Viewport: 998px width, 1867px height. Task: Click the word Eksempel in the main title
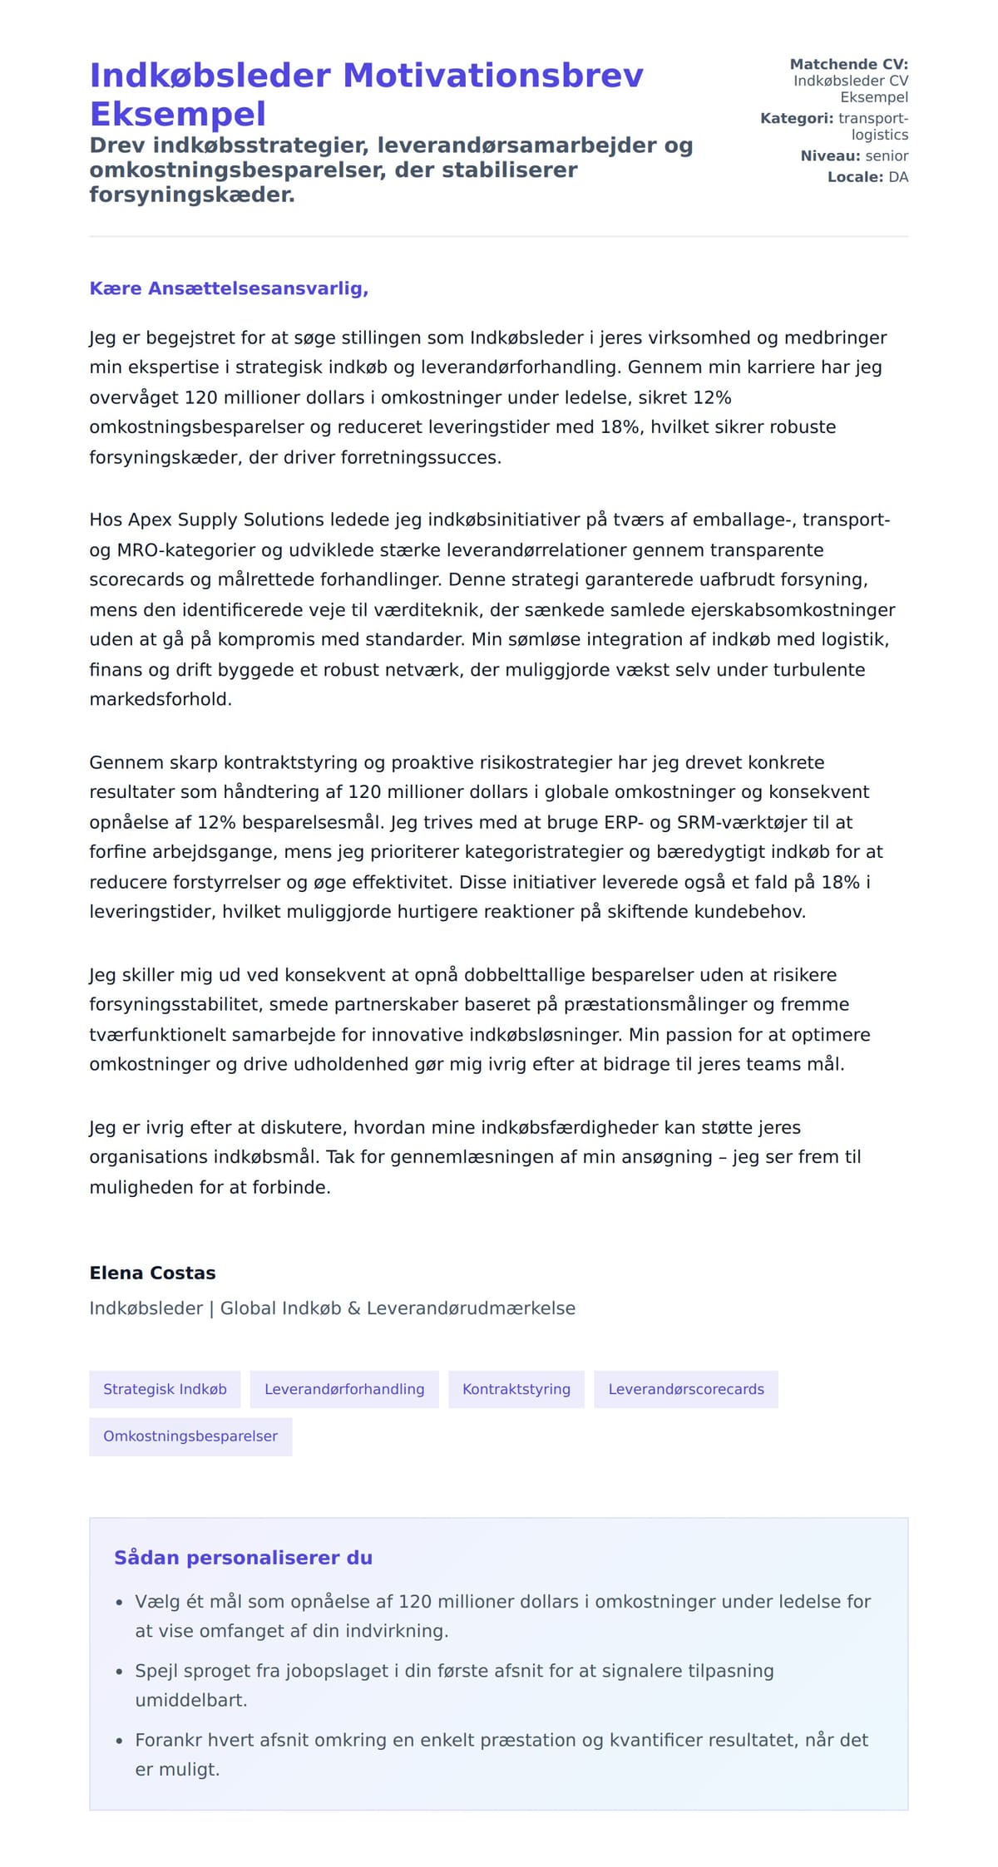click(x=178, y=114)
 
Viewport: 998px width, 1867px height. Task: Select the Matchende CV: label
click(x=848, y=64)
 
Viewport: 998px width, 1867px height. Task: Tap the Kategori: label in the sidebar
click(x=796, y=118)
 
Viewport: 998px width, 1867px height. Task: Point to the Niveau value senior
click(x=887, y=155)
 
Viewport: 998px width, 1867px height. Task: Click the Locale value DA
click(x=898, y=177)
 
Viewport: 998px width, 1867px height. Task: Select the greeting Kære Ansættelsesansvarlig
click(x=229, y=288)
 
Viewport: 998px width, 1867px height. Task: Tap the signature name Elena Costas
click(x=152, y=1273)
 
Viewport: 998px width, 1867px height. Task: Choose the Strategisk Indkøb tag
click(x=165, y=1389)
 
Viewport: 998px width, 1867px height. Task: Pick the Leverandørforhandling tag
click(x=344, y=1389)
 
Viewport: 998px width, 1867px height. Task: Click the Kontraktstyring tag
click(x=516, y=1389)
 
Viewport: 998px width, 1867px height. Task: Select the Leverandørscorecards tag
click(x=686, y=1389)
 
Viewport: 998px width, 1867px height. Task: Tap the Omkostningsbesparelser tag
click(x=190, y=1436)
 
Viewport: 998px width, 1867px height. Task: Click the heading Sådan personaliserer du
click(x=243, y=1558)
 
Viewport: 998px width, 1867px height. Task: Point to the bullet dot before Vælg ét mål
click(x=120, y=1603)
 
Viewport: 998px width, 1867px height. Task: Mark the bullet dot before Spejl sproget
click(x=120, y=1672)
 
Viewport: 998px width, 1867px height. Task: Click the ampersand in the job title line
click(x=353, y=1308)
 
